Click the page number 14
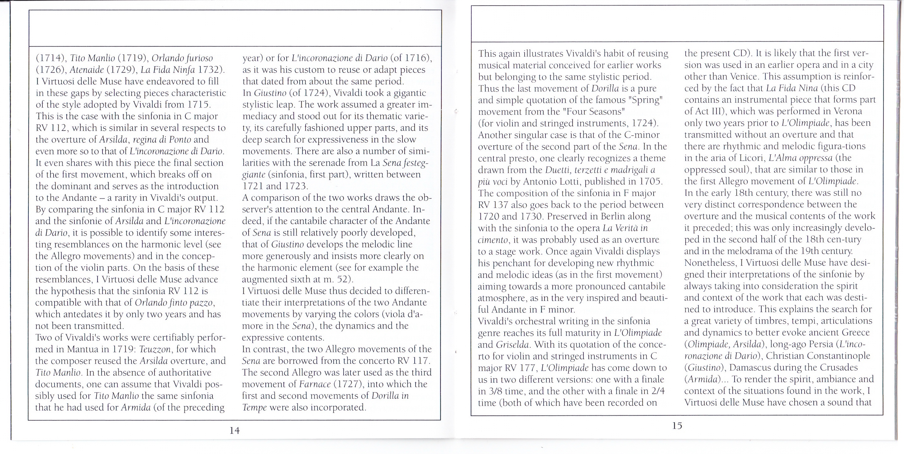235,431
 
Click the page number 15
677,426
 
